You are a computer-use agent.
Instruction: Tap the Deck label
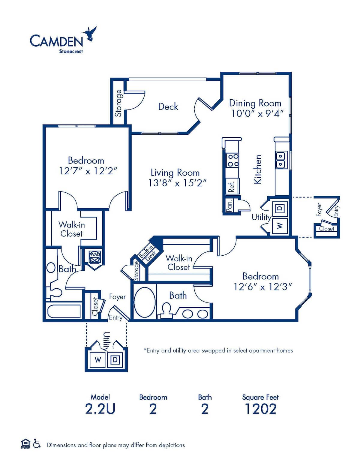pyautogui.click(x=168, y=107)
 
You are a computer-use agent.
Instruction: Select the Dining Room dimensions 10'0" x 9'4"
pyautogui.click(x=257, y=113)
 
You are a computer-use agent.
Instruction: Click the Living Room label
pyautogui.click(x=175, y=173)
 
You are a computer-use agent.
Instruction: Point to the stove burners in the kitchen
pyautogui.click(x=233, y=160)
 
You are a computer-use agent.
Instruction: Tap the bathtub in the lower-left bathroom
pyautogui.click(x=64, y=311)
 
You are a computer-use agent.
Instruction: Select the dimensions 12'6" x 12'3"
pyautogui.click(x=263, y=287)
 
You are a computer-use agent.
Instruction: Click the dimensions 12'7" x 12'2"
pyautogui.click(x=88, y=171)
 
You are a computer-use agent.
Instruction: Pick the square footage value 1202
pyautogui.click(x=260, y=409)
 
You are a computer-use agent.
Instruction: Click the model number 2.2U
pyautogui.click(x=100, y=409)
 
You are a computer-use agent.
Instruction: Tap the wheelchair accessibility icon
pyautogui.click(x=37, y=443)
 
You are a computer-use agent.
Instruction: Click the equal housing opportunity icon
pyautogui.click(x=25, y=443)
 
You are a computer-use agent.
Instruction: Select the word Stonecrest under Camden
pyautogui.click(x=71, y=51)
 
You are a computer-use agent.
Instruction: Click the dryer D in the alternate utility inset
pyautogui.click(x=115, y=359)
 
